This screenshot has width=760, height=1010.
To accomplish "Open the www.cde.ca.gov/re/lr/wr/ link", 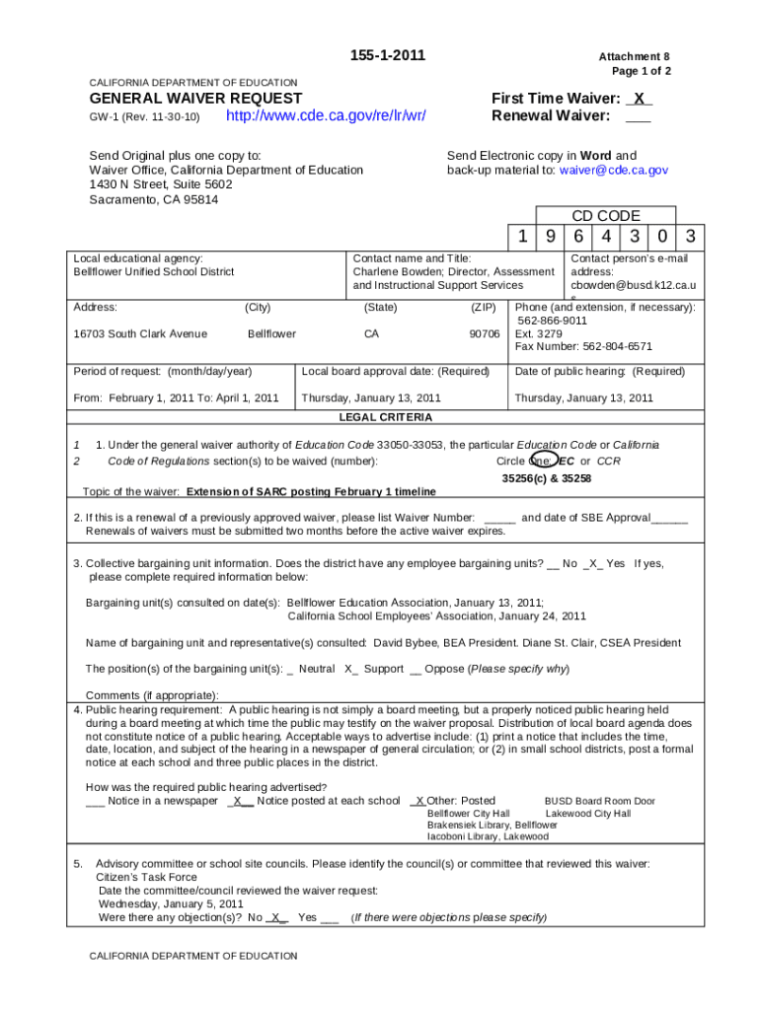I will [326, 116].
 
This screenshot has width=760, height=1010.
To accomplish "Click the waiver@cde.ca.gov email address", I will [614, 170].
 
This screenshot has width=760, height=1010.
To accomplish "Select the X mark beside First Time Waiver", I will [640, 99].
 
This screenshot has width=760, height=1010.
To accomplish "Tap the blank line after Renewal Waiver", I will [638, 116].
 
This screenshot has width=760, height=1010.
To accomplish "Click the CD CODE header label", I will [606, 216].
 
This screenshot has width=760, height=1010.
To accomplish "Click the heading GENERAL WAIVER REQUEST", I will [195, 99].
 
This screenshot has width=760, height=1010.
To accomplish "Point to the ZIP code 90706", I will [484, 333].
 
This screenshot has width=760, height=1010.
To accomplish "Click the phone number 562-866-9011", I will [552, 321].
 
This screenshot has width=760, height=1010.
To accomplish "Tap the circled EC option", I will [566, 461].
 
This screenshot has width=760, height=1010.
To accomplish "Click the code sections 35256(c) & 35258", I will [547, 478].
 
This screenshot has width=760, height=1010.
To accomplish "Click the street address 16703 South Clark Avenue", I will [140, 333].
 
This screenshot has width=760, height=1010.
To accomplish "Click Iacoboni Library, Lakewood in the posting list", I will [487, 836].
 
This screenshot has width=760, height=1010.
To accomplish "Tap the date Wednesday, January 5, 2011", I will [171, 903].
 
